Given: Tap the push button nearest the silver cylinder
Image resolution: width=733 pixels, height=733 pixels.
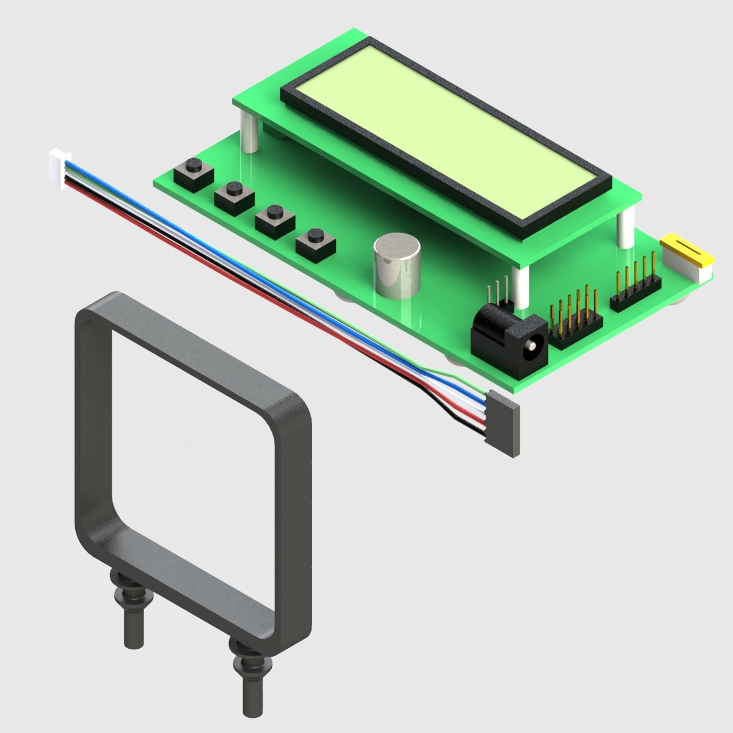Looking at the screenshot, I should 316,243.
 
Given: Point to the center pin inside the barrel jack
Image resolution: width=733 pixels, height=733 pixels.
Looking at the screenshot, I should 533,347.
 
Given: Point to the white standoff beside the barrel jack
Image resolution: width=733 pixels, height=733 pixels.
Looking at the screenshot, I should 521,287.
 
